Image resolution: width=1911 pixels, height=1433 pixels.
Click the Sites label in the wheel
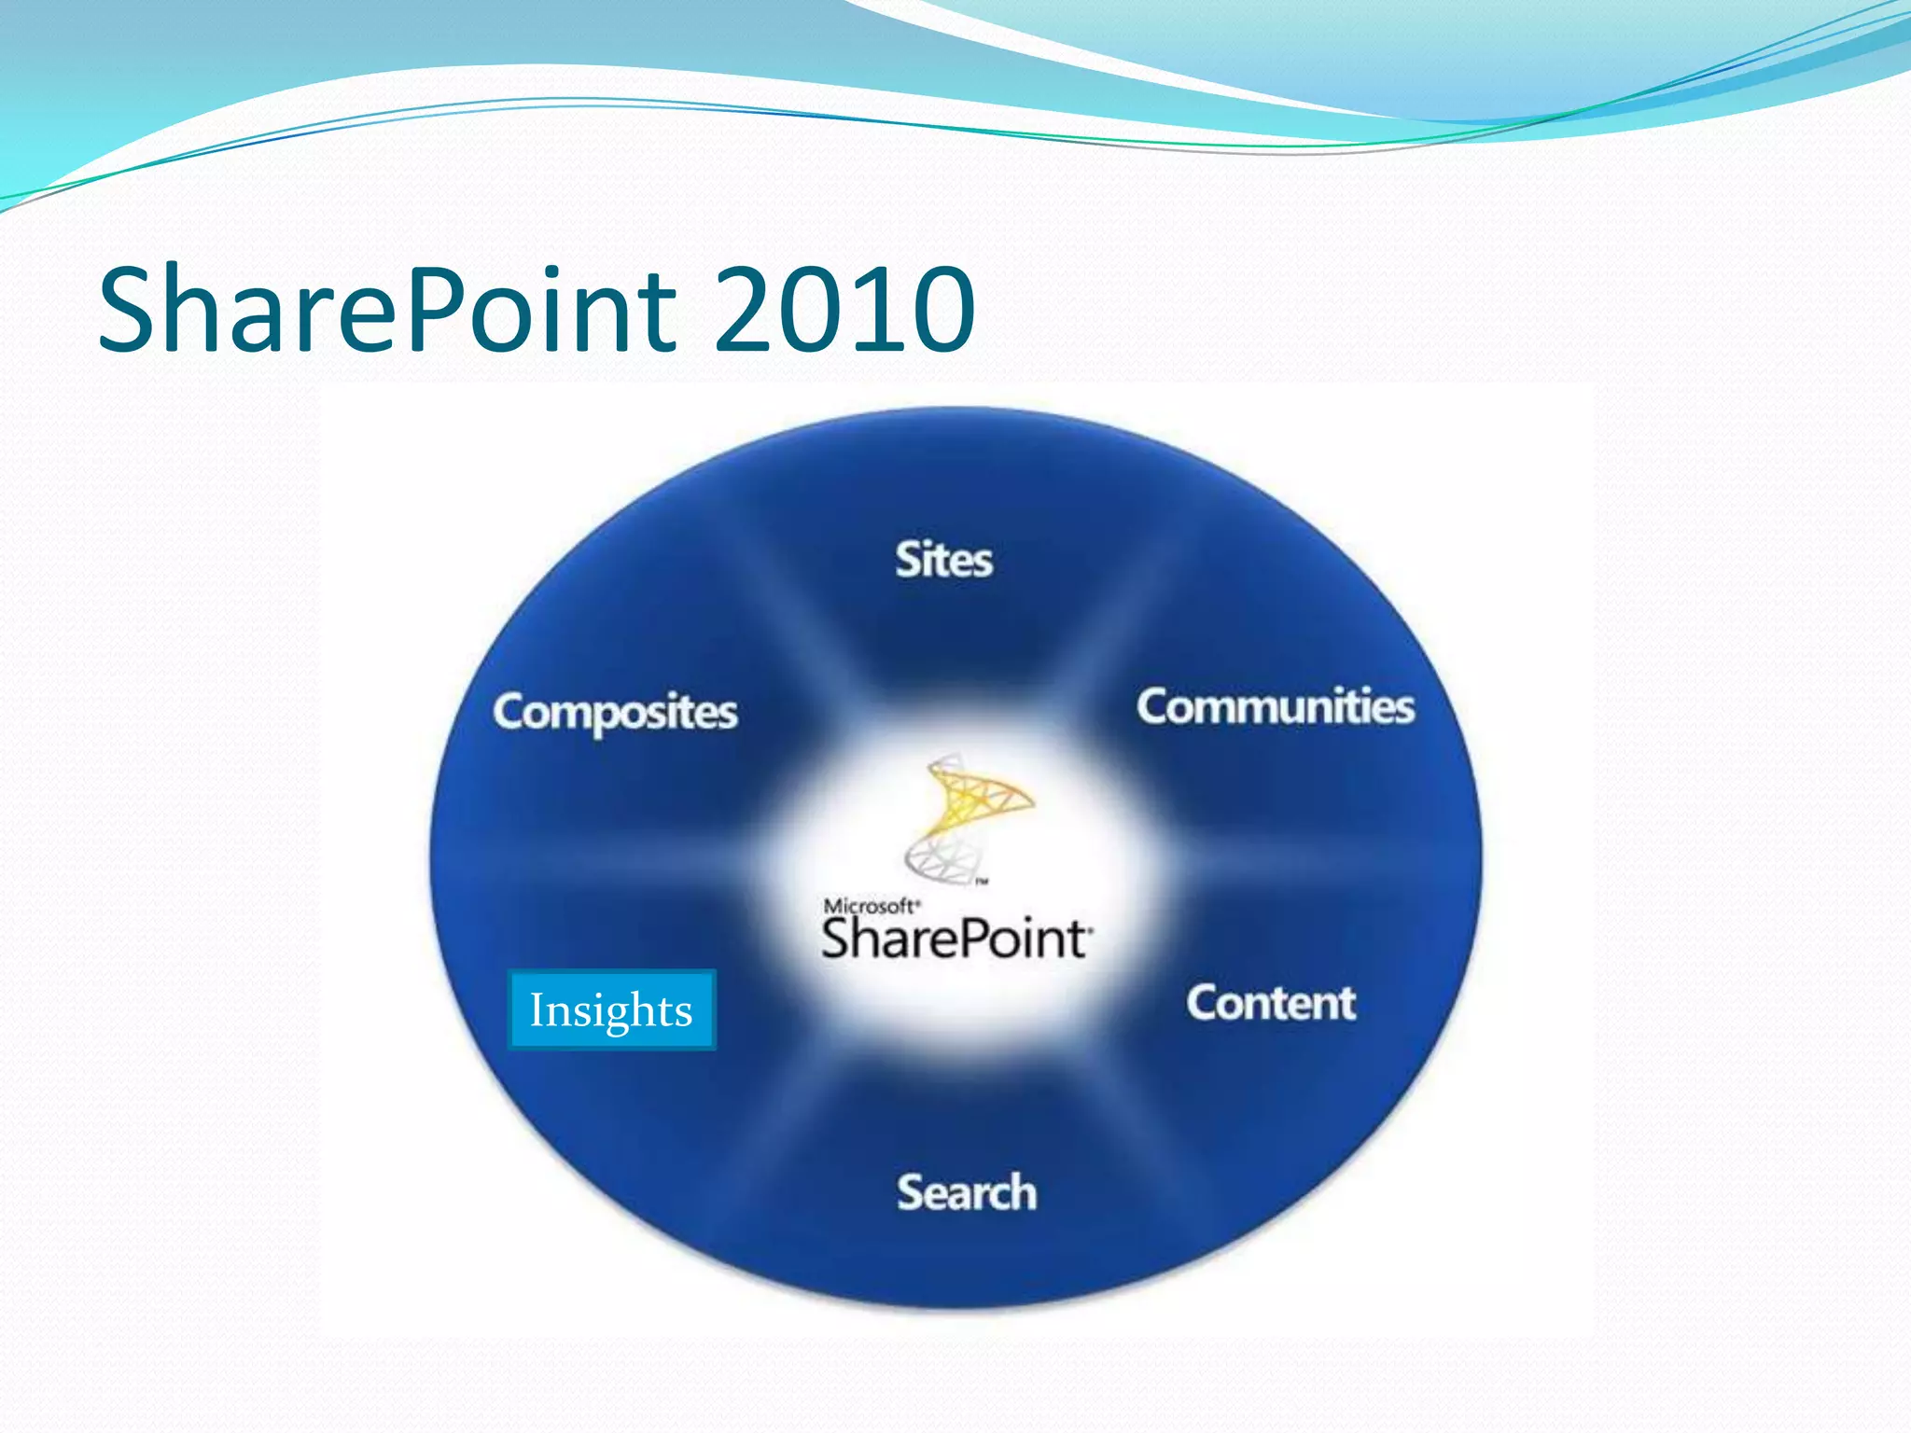click(x=943, y=560)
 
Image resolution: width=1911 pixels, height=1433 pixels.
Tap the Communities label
click(x=1275, y=706)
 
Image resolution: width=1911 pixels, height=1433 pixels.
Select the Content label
click(x=1270, y=1004)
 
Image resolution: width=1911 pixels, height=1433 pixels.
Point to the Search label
click(x=967, y=1192)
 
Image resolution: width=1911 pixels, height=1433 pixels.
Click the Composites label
click(x=615, y=712)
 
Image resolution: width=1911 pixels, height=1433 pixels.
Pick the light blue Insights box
click(x=612, y=1010)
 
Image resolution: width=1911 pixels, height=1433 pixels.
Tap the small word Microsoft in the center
click(x=870, y=906)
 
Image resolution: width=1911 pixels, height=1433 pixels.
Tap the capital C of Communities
click(x=1155, y=706)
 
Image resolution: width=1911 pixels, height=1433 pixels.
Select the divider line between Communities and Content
click(x=1306, y=863)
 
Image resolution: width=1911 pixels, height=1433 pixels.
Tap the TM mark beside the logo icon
click(x=982, y=881)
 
